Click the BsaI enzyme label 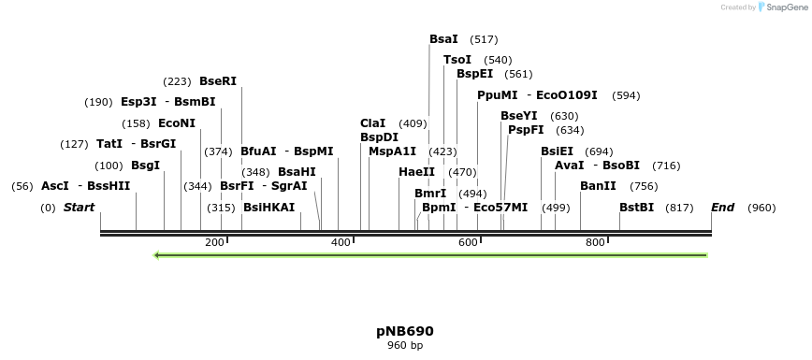tap(443, 39)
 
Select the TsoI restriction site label tap(457, 60)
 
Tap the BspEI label tap(474, 74)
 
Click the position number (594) tap(626, 95)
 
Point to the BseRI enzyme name tap(218, 81)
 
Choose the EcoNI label tap(177, 123)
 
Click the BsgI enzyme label tap(145, 166)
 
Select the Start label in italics tap(79, 208)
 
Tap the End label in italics tap(722, 208)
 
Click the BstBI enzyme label tap(636, 208)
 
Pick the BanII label tap(598, 186)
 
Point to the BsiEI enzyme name tap(557, 151)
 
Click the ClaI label tap(372, 123)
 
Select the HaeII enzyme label tap(416, 172)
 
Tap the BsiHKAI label tap(268, 208)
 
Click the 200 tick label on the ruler tap(214, 243)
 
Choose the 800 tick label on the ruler tap(595, 243)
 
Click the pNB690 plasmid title tap(405, 331)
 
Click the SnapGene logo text tap(782, 7)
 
